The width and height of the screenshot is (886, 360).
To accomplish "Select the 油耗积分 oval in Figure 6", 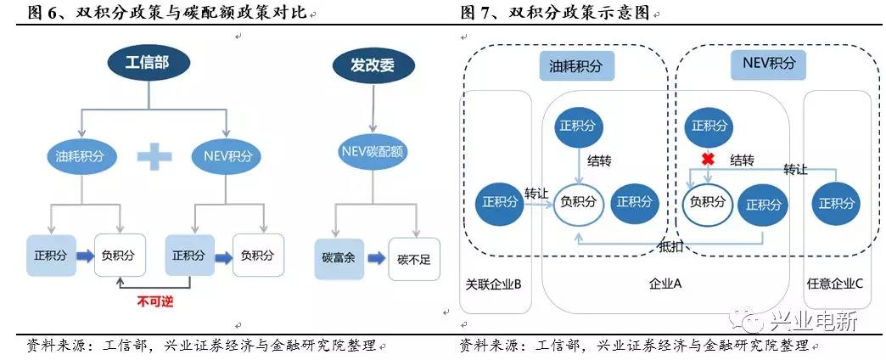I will [x=80, y=155].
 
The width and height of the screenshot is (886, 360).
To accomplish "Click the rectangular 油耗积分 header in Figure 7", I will [x=576, y=65].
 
